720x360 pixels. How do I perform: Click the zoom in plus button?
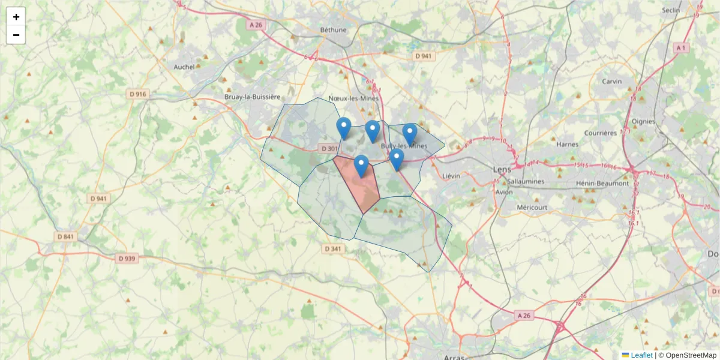(x=16, y=17)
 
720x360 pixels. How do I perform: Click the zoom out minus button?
(x=16, y=35)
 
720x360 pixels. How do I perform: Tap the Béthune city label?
(x=334, y=29)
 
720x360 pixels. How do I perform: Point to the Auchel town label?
(x=184, y=67)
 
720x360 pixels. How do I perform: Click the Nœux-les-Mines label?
(x=355, y=98)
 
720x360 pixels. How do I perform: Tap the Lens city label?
(x=502, y=169)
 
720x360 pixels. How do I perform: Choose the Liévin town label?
(x=451, y=176)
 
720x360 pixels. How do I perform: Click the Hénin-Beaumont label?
(x=602, y=183)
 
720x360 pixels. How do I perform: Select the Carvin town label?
(x=612, y=81)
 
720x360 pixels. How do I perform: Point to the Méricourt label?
(x=532, y=207)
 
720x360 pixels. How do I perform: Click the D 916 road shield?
(x=137, y=94)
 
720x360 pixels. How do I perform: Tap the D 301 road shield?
(x=329, y=148)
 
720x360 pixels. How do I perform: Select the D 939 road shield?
(x=127, y=259)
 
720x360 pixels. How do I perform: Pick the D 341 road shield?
(x=332, y=248)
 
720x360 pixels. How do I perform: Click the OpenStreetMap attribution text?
(x=688, y=355)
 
